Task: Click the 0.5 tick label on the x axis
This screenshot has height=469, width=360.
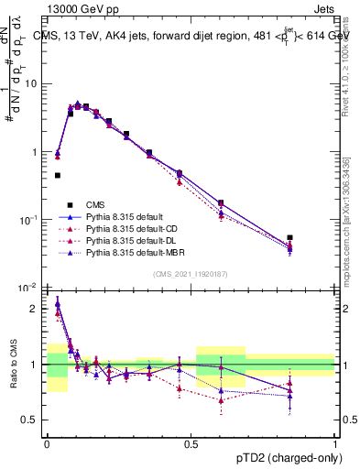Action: pyautogui.click(x=191, y=441)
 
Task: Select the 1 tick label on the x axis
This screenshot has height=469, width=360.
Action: pyautogui.click(x=335, y=441)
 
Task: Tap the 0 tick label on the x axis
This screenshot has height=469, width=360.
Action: pyautogui.click(x=48, y=441)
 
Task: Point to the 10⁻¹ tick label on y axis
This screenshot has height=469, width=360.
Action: pyautogui.click(x=32, y=220)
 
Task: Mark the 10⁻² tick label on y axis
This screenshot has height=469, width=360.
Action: pyautogui.click(x=32, y=288)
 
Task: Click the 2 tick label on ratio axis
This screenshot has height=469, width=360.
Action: pyautogui.click(x=38, y=309)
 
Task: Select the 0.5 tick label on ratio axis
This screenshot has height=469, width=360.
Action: pyautogui.click(x=33, y=420)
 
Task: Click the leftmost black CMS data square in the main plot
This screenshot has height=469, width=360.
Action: pyautogui.click(x=58, y=175)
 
